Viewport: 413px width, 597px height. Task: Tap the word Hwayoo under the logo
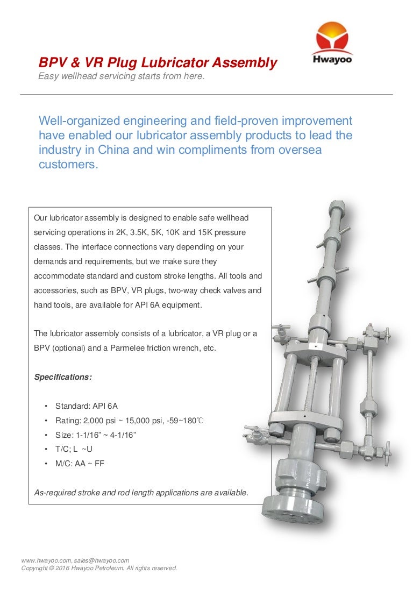tap(332, 60)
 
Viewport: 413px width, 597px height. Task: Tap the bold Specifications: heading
tap(63, 377)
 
